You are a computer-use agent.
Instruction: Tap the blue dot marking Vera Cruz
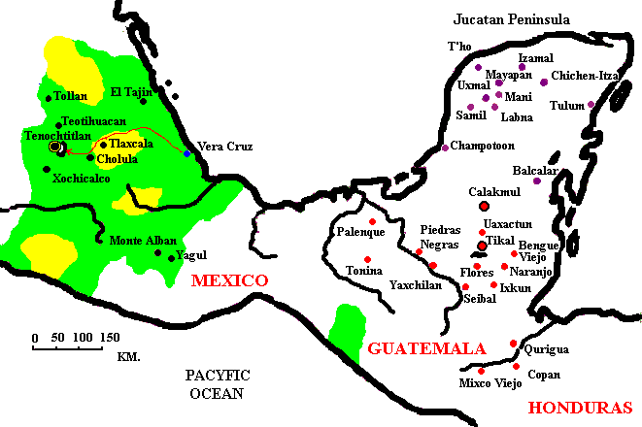click(x=186, y=152)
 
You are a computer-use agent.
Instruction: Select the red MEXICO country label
click(x=229, y=280)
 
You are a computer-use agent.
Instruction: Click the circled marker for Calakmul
click(x=484, y=206)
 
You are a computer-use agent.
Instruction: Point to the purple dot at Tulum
click(x=591, y=104)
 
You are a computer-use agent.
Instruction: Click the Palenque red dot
click(x=372, y=222)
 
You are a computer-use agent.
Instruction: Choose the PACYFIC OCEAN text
click(x=219, y=383)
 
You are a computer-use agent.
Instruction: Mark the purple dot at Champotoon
click(x=445, y=148)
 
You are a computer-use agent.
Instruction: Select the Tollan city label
click(x=72, y=96)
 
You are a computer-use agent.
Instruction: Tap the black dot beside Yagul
click(x=170, y=257)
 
